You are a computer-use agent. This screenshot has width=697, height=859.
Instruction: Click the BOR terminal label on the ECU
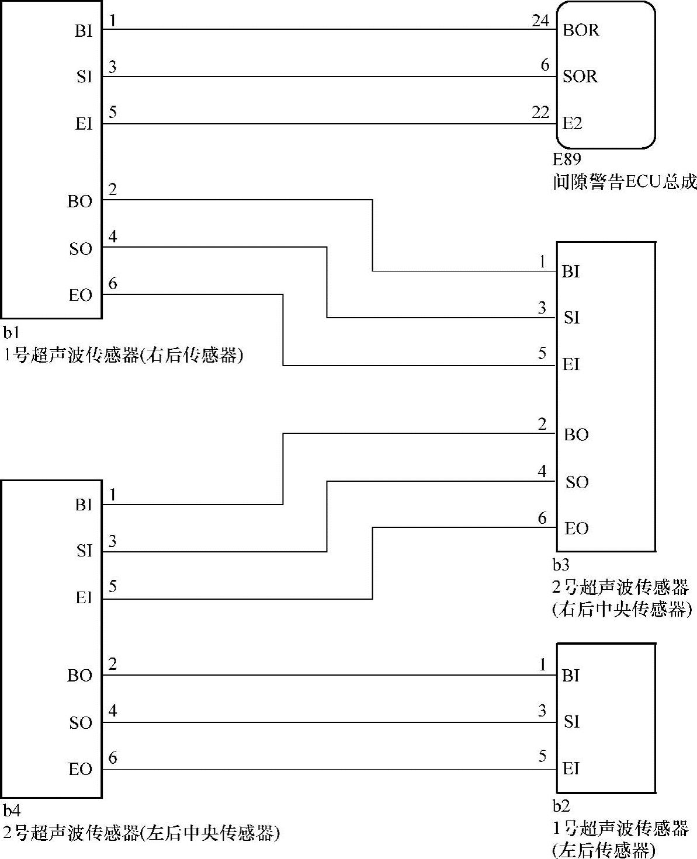pos(581,30)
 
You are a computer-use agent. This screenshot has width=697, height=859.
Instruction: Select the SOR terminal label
pos(580,76)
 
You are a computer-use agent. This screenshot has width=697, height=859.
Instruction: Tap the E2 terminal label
pos(573,124)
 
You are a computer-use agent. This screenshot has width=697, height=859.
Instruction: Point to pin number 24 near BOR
pos(540,21)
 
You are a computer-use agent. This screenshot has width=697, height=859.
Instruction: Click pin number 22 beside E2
pos(540,113)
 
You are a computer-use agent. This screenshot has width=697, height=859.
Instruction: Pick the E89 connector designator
pos(567,159)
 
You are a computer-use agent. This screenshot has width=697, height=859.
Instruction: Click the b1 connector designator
pos(11,333)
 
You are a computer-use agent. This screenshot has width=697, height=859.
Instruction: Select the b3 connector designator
pos(561,565)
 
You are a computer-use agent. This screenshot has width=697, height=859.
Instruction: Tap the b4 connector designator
pos(12,811)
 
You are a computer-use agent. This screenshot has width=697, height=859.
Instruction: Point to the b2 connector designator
pos(561,806)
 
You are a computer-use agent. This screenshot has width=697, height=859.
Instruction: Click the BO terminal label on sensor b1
pos(79,201)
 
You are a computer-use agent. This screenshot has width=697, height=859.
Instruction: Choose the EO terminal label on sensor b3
pos(576,529)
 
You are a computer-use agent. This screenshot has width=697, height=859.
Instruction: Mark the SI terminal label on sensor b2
pos(571,722)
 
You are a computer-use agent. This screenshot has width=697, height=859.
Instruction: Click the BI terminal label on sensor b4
pos(84,505)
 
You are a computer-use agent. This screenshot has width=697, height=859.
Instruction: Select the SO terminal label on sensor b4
pos(81,723)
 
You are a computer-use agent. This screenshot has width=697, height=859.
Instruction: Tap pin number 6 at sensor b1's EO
pos(113,284)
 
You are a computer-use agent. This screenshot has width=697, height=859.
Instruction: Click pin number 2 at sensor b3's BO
pos(542,424)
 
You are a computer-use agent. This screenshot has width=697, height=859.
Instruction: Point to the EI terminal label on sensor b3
pos(571,365)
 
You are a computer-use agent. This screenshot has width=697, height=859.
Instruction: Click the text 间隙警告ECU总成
pos(625,182)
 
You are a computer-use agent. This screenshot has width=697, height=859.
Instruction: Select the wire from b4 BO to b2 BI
pos(327,676)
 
